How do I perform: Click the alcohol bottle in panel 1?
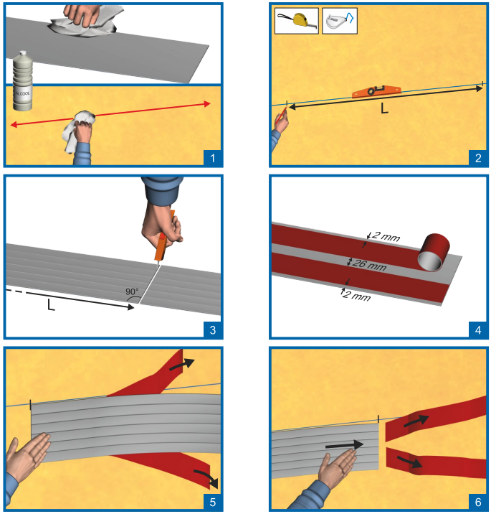(23, 81)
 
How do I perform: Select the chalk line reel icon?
(340, 21)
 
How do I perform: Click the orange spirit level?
(376, 91)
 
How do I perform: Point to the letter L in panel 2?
(384, 108)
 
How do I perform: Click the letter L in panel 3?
(51, 305)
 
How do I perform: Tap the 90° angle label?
(132, 291)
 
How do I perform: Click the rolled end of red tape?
(434, 253)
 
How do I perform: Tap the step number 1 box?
(213, 158)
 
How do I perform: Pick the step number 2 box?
(478, 158)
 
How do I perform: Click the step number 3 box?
(213, 330)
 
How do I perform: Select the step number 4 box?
(478, 330)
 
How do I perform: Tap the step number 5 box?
(213, 502)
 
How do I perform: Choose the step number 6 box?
(478, 502)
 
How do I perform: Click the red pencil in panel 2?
(281, 116)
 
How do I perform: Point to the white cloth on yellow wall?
(79, 131)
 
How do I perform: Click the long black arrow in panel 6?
(344, 445)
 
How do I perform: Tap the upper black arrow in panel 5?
(182, 364)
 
